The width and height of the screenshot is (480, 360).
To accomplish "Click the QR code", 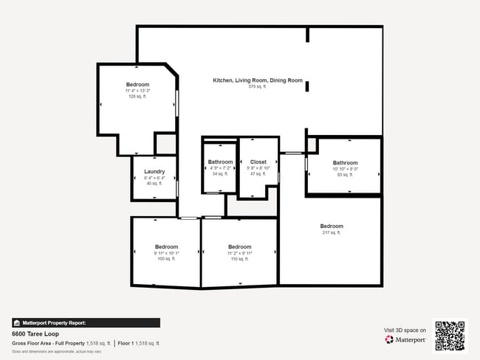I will click(x=450, y=336).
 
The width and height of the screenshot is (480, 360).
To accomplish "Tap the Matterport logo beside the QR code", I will click(x=405, y=340).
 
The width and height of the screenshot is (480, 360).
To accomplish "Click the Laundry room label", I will click(x=154, y=172).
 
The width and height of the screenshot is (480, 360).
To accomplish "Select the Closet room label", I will click(x=258, y=162).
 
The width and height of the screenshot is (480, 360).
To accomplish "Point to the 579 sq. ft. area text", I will click(x=258, y=86).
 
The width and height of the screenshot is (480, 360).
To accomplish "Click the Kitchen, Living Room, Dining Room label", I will click(x=258, y=80).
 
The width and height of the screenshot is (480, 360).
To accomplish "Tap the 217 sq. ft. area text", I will click(x=331, y=232).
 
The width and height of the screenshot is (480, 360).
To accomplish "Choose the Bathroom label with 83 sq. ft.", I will click(x=345, y=163).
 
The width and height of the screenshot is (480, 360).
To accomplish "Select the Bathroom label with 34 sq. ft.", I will click(x=220, y=162).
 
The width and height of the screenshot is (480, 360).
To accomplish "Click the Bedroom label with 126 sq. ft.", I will click(x=137, y=85).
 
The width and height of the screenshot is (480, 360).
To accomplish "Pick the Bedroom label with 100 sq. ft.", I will click(x=166, y=246).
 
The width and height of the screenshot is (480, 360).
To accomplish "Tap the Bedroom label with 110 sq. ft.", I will click(x=239, y=246).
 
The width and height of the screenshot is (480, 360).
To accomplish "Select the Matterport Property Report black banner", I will click(x=65, y=322).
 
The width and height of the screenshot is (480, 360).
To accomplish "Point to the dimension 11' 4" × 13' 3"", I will click(x=137, y=91).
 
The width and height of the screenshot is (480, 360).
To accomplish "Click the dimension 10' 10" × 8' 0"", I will click(x=345, y=169).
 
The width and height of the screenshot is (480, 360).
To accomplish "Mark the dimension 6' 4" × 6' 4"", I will click(x=154, y=178).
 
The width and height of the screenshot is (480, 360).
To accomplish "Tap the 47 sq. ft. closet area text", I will click(x=258, y=174).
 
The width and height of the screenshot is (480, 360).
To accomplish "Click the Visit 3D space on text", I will click(x=405, y=330).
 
